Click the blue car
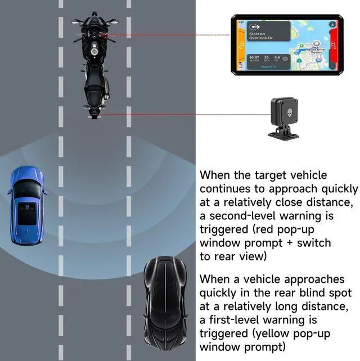27,205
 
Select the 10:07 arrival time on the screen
254,57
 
